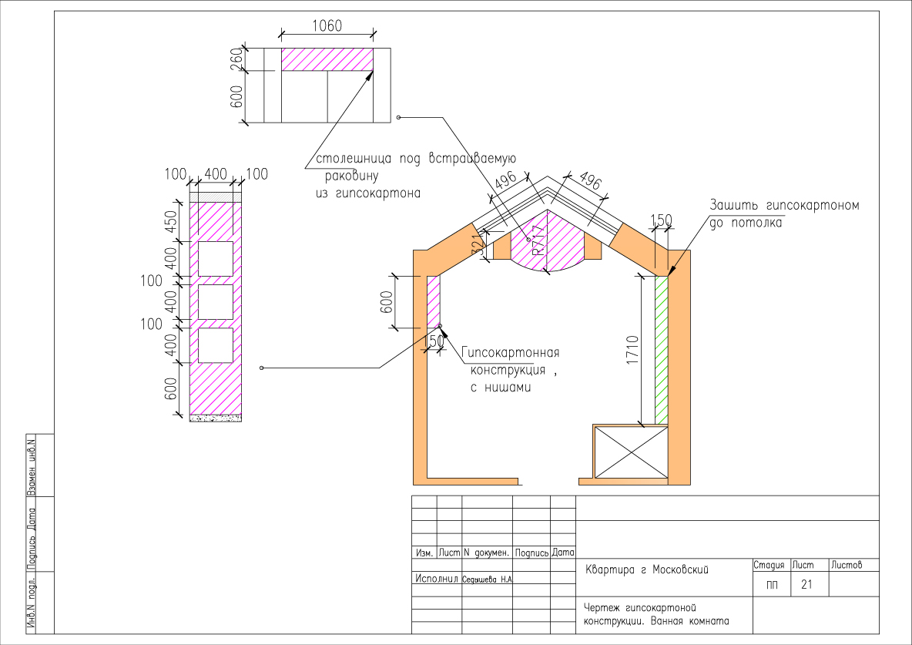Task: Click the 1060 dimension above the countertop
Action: coord(327,25)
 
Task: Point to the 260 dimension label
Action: coord(236,59)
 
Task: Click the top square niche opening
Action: coord(216,258)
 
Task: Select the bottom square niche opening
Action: coord(216,345)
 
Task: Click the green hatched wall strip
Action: coord(661,351)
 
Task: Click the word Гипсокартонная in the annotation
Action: coord(510,353)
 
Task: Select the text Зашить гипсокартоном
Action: coord(784,207)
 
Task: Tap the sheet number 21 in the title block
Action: coord(806,585)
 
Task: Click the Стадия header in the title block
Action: coord(768,566)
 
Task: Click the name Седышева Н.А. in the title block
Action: coord(487,579)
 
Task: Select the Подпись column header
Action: coord(531,553)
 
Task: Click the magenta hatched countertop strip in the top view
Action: coord(327,59)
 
